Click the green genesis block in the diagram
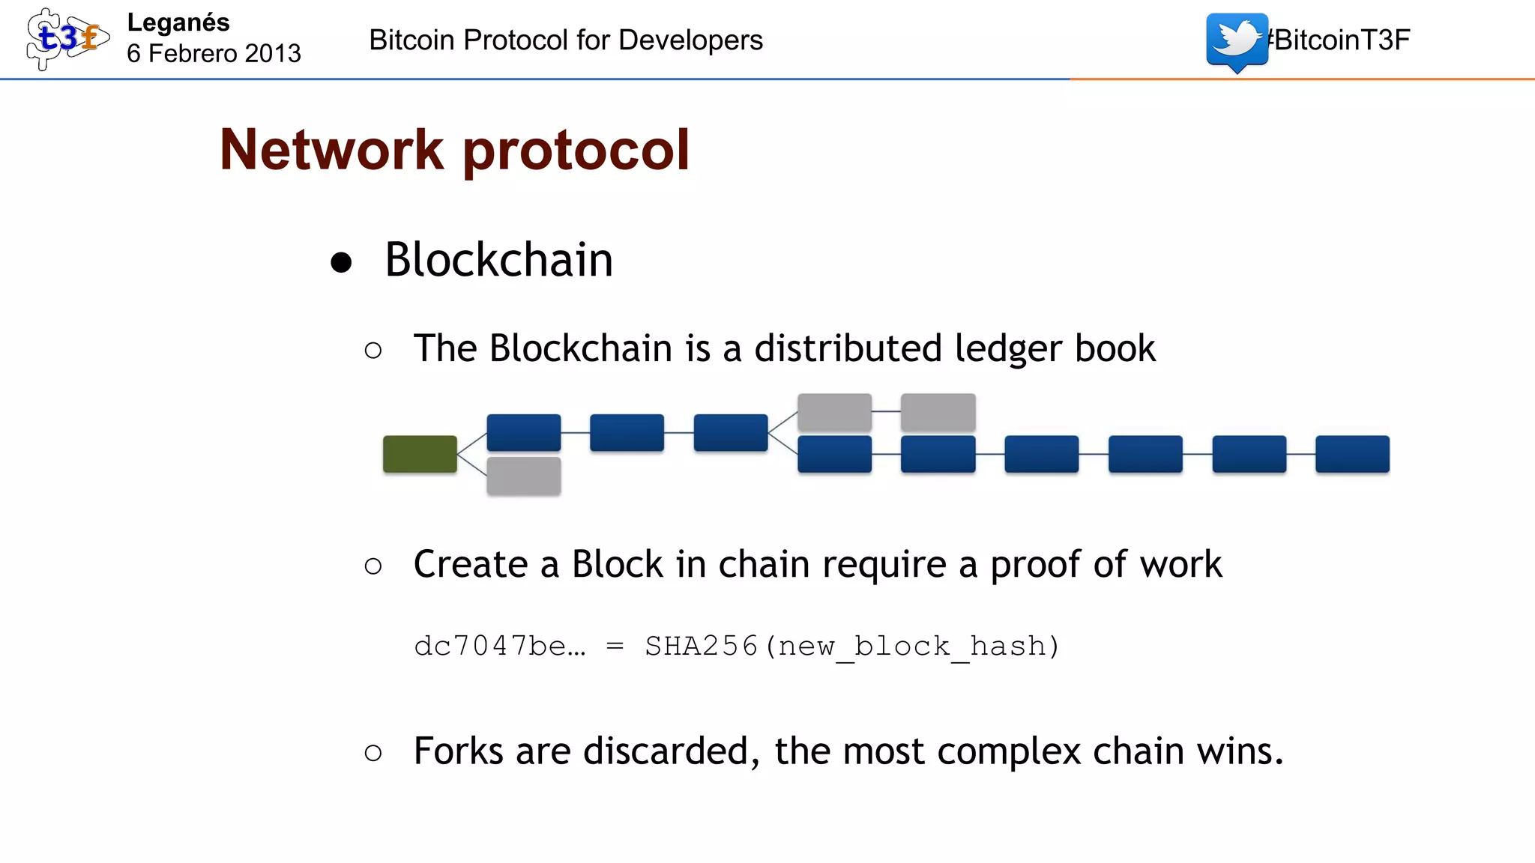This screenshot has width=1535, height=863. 420,454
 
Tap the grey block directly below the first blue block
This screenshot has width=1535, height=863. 523,476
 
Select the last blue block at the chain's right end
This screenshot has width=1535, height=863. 1352,454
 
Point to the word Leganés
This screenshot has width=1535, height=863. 178,22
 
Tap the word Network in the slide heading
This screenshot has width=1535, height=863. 331,150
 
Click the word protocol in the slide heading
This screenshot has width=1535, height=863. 576,150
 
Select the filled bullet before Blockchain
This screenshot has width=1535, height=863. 341,262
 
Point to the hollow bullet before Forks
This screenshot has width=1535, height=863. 373,752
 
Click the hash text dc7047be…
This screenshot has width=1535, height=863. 499,646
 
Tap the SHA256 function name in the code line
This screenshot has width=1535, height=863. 701,646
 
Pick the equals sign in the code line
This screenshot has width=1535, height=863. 615,646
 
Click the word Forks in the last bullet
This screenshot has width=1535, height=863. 458,751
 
